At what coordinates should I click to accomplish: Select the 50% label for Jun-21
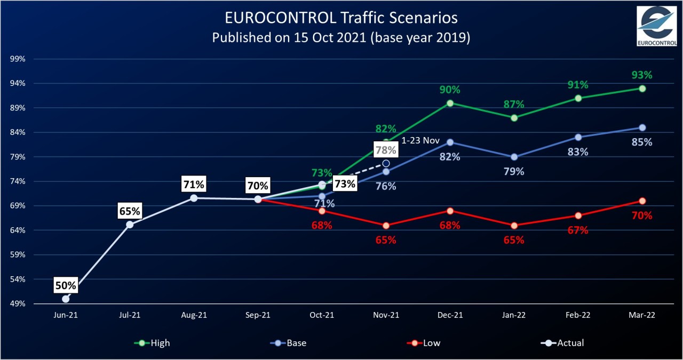tap(65, 285)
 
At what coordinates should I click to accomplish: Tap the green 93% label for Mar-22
tap(642, 75)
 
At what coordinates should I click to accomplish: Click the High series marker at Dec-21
tap(450, 103)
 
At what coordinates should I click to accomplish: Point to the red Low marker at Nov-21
tap(386, 226)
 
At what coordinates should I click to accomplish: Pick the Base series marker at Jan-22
tap(514, 157)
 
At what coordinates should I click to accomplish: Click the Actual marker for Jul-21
tap(130, 225)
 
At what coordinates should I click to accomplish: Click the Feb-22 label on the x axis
tap(578, 315)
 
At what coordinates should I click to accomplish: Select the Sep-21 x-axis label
tap(258, 315)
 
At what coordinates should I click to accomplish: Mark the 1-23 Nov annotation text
tap(420, 140)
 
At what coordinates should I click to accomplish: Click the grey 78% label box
tap(386, 150)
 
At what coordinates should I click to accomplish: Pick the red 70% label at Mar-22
tap(642, 215)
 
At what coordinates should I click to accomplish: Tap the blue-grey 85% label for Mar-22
tap(642, 142)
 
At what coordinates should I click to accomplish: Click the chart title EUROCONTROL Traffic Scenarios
tap(341, 18)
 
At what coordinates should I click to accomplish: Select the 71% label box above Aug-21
tap(194, 185)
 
